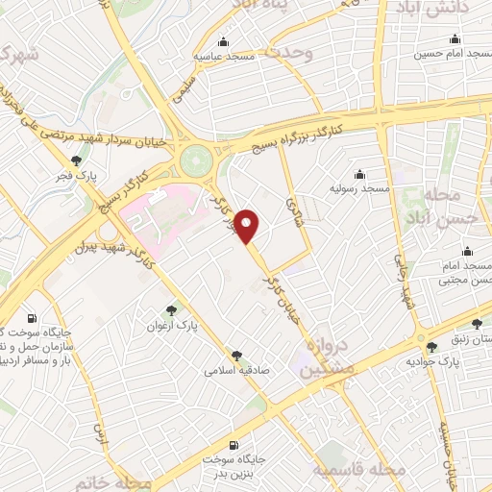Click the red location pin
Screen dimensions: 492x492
point(249,226)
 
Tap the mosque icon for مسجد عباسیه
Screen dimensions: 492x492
point(224,41)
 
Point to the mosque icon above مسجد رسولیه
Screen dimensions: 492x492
point(359,174)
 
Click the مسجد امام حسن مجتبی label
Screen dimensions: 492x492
point(462,273)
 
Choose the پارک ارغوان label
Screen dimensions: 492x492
point(169,325)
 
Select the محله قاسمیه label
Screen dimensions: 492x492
point(360,469)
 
